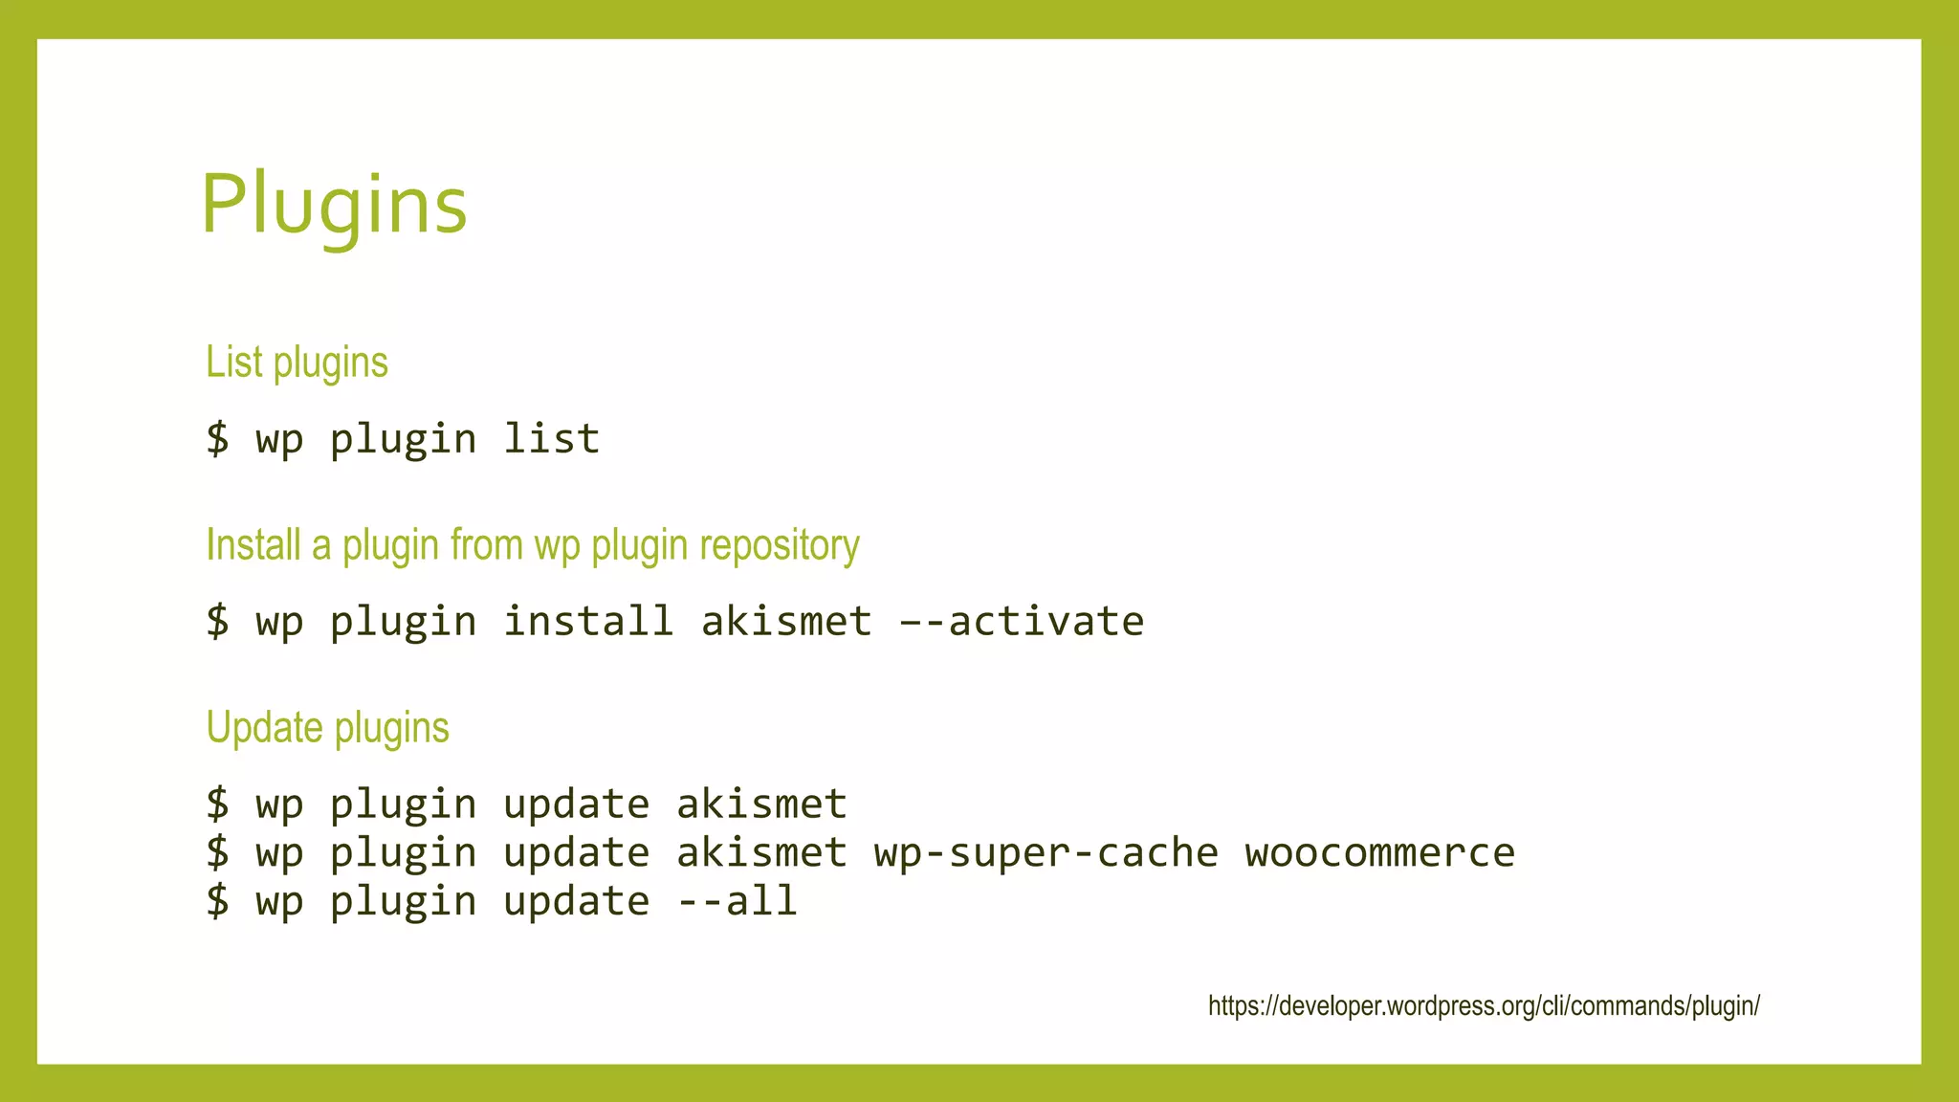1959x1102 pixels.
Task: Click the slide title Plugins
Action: pyautogui.click(x=334, y=204)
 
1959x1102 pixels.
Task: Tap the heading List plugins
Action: pyautogui.click(x=297, y=363)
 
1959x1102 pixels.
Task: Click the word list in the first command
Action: pyautogui.click(x=551, y=439)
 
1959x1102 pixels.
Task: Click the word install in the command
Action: pyautogui.click(x=588, y=622)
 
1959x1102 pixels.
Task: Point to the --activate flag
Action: pyautogui.click(x=1021, y=622)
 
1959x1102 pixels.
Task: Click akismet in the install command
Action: pyautogui.click(x=786, y=622)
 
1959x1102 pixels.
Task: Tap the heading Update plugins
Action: pyautogui.click(x=327, y=728)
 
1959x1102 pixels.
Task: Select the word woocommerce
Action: pyautogui.click(x=1379, y=853)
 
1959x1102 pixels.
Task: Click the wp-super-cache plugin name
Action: pyautogui.click(x=1046, y=853)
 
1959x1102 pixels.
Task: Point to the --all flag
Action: pyautogui.click(x=737, y=902)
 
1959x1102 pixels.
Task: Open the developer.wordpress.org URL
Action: pyautogui.click(x=1484, y=1006)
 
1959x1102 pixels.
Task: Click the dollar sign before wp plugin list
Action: pyautogui.click(x=218, y=439)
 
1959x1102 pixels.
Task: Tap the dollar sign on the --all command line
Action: pyautogui.click(x=218, y=902)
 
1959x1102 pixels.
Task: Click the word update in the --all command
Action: pyautogui.click(x=576, y=902)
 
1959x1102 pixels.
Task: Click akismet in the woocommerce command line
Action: pyautogui.click(x=761, y=853)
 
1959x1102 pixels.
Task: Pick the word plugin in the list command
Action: pyautogui.click(x=403, y=440)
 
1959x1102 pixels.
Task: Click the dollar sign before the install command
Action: pyautogui.click(x=218, y=622)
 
